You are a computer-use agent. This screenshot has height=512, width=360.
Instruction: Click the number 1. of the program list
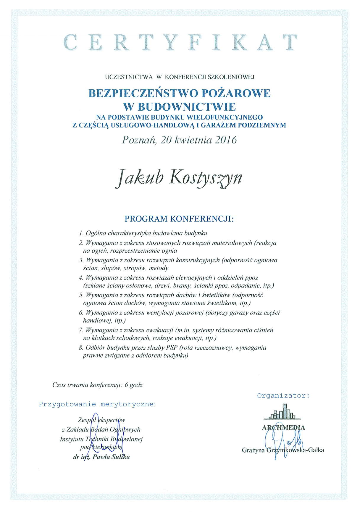(81, 233)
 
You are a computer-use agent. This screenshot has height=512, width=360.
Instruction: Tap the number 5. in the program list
(81, 295)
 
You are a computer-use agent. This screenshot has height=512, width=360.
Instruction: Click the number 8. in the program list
(81, 348)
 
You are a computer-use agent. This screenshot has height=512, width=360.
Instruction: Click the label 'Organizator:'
(283, 395)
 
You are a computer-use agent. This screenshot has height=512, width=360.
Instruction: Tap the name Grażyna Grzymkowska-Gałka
(283, 450)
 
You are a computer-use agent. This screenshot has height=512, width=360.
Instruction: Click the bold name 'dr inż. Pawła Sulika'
(101, 457)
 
